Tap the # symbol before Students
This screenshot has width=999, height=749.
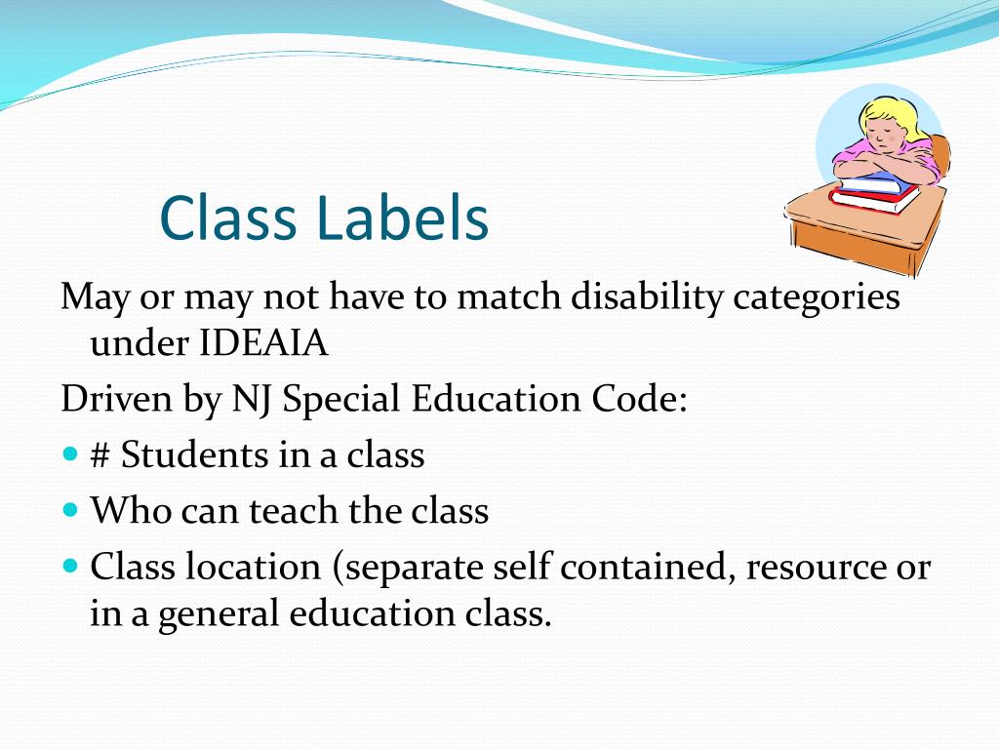click(x=100, y=455)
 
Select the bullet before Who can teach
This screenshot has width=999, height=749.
click(x=69, y=509)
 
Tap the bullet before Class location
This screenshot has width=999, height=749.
click(x=69, y=566)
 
